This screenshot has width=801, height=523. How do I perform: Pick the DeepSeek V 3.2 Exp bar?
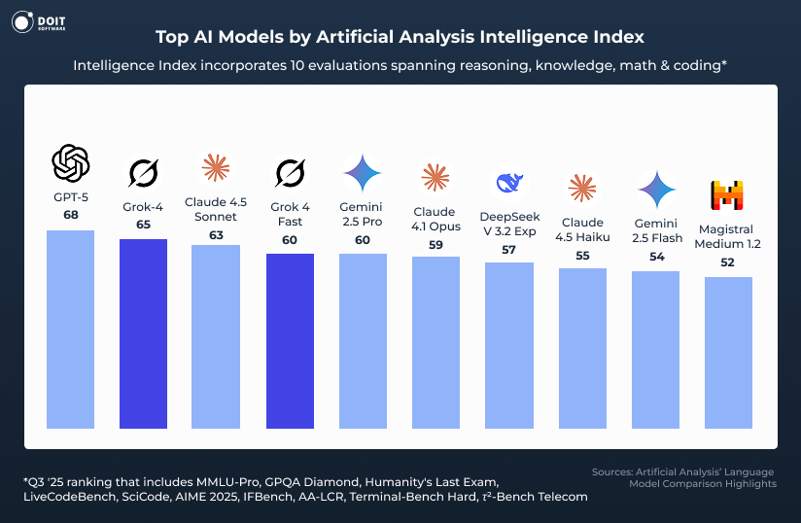pyautogui.click(x=508, y=345)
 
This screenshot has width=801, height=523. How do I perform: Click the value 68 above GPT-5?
pyautogui.click(x=70, y=215)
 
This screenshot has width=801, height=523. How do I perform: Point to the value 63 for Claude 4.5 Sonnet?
pyautogui.click(x=216, y=234)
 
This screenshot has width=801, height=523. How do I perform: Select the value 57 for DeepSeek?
pyautogui.click(x=509, y=250)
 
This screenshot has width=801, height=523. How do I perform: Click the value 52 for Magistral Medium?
pyautogui.click(x=729, y=262)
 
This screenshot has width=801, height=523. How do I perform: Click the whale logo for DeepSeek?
pyautogui.click(x=509, y=182)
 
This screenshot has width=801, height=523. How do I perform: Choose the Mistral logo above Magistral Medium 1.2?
pyautogui.click(x=729, y=196)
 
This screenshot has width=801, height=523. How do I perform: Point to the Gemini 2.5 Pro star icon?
pyautogui.click(x=363, y=173)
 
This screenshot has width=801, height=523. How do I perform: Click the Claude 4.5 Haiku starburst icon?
pyautogui.click(x=582, y=189)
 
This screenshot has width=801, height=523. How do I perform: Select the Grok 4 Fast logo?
pyautogui.click(x=290, y=173)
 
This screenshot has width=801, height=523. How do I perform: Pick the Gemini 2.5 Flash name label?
pyautogui.click(x=655, y=230)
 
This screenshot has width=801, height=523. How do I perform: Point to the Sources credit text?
pyautogui.click(x=683, y=477)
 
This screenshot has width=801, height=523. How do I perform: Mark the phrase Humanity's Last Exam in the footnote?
pyautogui.click(x=450, y=482)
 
